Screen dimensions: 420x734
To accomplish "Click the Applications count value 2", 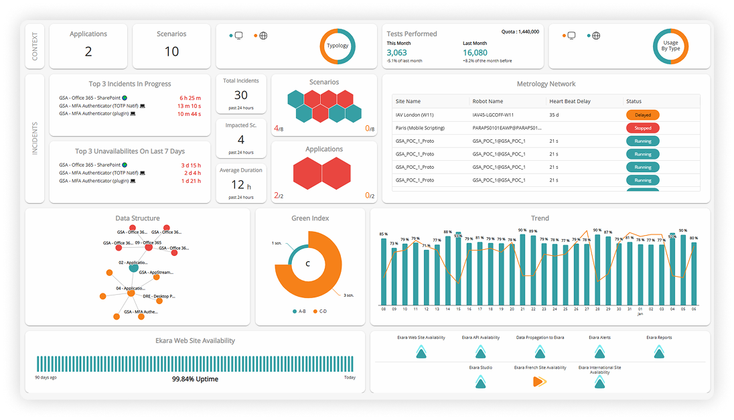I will pyautogui.click(x=88, y=52).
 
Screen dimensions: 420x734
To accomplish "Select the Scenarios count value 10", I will pyautogui.click(x=171, y=52).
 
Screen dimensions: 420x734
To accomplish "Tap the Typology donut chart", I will pyautogui.click(x=337, y=46).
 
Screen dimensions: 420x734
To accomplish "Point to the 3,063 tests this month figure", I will pyautogui.click(x=397, y=52).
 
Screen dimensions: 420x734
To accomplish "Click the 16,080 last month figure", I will pyautogui.click(x=475, y=52).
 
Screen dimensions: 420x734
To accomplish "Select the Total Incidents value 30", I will pyautogui.click(x=241, y=95).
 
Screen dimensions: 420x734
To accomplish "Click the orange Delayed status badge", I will pyautogui.click(x=642, y=115).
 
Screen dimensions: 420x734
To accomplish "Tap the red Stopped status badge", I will pyautogui.click(x=642, y=128).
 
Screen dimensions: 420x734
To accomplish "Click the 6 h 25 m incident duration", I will pyautogui.click(x=190, y=98).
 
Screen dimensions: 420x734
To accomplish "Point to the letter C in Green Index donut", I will pyautogui.click(x=308, y=264).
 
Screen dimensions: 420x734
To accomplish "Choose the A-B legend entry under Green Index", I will pyautogui.click(x=299, y=311).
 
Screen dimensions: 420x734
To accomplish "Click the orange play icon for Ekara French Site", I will pyautogui.click(x=539, y=381).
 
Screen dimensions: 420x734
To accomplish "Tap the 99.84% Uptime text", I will pyautogui.click(x=195, y=379).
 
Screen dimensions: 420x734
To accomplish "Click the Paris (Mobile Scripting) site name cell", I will pyautogui.click(x=425, y=128).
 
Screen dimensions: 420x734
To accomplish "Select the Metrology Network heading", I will pyautogui.click(x=546, y=84).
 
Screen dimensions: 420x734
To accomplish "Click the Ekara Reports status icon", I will pyautogui.click(x=659, y=352).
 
